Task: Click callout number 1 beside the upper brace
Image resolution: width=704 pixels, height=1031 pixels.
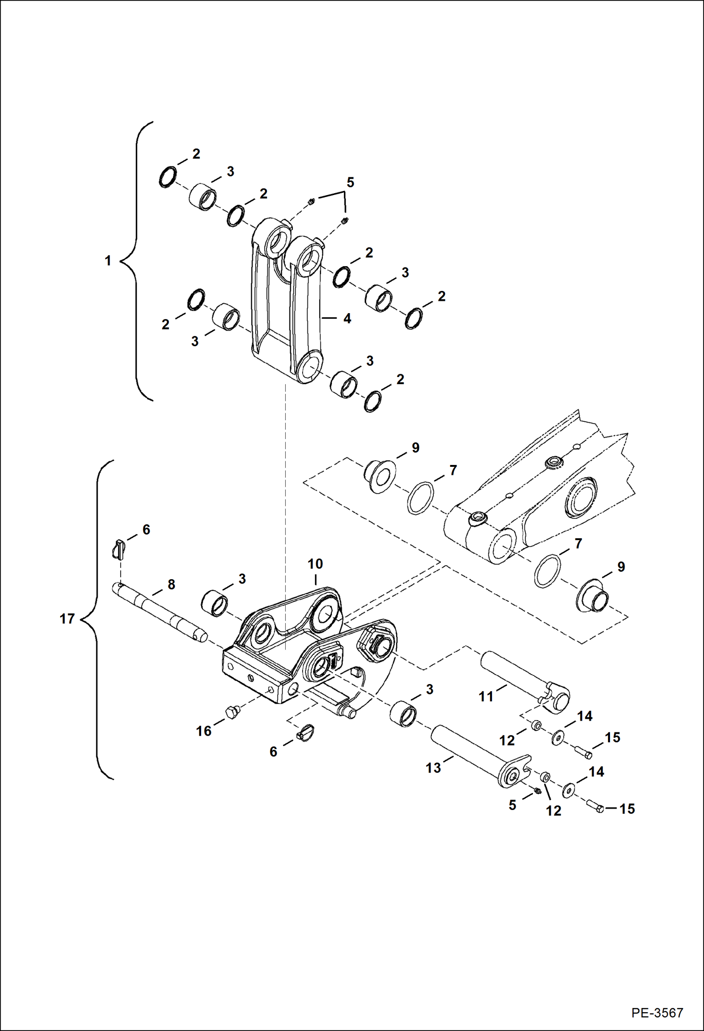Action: [108, 260]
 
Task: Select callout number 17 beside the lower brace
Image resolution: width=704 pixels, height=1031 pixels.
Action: [67, 619]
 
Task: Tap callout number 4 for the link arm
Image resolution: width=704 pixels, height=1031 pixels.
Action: [347, 318]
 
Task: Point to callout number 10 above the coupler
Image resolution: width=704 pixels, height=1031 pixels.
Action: [315, 564]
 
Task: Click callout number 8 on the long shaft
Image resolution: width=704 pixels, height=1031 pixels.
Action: [172, 584]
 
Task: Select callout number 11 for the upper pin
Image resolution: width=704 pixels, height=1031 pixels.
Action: [486, 696]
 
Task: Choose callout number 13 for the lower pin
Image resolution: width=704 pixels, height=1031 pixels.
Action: [433, 768]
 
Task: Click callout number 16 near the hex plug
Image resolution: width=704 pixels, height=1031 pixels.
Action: [203, 731]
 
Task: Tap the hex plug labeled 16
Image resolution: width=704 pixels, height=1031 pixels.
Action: [231, 713]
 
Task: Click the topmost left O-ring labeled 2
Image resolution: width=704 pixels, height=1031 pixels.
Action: [167, 177]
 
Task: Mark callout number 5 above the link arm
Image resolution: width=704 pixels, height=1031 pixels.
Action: [350, 182]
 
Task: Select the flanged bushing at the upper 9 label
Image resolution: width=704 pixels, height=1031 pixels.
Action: [380, 477]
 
